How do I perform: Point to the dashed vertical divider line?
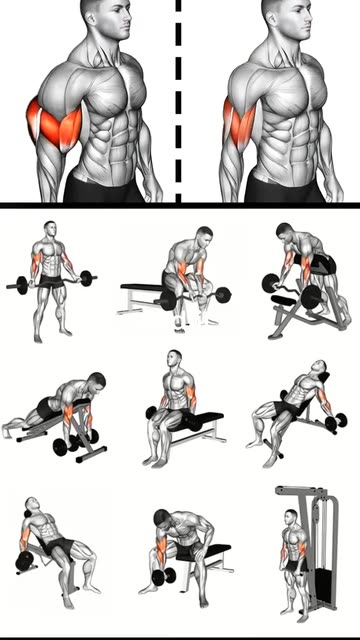coord(180,100)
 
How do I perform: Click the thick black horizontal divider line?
coord(180,206)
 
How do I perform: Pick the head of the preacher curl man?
coord(289,237)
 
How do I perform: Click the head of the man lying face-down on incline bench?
coord(97,383)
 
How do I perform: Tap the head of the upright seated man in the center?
coord(175,360)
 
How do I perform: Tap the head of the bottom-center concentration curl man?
coord(162,519)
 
